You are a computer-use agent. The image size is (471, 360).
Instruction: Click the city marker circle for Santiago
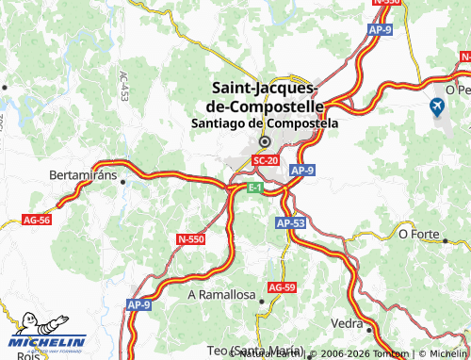point(265,142)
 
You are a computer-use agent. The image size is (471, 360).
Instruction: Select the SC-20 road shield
point(266,161)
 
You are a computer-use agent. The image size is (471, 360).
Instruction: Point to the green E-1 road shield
point(255,188)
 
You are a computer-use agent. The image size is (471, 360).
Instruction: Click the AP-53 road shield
point(291,223)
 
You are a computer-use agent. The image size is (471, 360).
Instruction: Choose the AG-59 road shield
point(282,286)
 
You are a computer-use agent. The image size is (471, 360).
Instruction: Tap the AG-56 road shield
point(36,219)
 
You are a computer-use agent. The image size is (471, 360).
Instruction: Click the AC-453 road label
point(124,87)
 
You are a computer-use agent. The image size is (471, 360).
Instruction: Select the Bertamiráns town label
point(83,175)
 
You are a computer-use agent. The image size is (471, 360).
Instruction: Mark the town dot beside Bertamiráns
point(122,182)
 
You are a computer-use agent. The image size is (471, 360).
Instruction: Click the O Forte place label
point(420,233)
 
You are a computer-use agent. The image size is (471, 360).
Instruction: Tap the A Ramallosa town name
point(221,295)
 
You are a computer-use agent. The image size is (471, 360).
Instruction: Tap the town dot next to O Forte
point(446,240)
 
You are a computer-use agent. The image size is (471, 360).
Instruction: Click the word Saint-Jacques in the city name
point(263,87)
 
